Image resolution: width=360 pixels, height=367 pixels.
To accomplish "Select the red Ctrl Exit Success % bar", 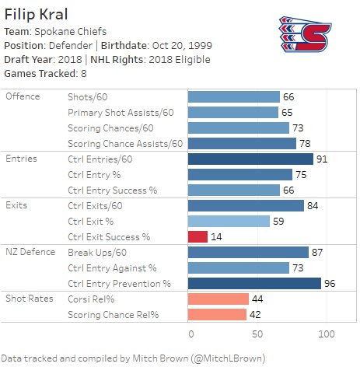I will tap(197, 236).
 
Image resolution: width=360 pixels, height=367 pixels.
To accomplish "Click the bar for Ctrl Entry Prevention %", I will tap(254, 283).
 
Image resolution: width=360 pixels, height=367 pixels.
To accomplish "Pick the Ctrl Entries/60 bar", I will tap(250, 159).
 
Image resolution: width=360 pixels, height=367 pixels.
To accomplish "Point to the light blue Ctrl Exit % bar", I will tap(229, 221).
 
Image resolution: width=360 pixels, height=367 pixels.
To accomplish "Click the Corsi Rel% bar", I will tap(218, 299).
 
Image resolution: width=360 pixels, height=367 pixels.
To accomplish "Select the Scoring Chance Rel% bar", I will tap(217, 314).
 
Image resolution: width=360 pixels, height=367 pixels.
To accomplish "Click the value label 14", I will tap(216, 236).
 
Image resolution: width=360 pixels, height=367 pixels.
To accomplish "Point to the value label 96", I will tap(329, 283).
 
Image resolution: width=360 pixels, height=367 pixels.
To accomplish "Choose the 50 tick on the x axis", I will tap(258, 334).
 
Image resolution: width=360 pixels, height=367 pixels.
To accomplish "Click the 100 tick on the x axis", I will tap(326, 334).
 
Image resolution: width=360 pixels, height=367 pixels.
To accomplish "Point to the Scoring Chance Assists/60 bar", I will tap(242, 143).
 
